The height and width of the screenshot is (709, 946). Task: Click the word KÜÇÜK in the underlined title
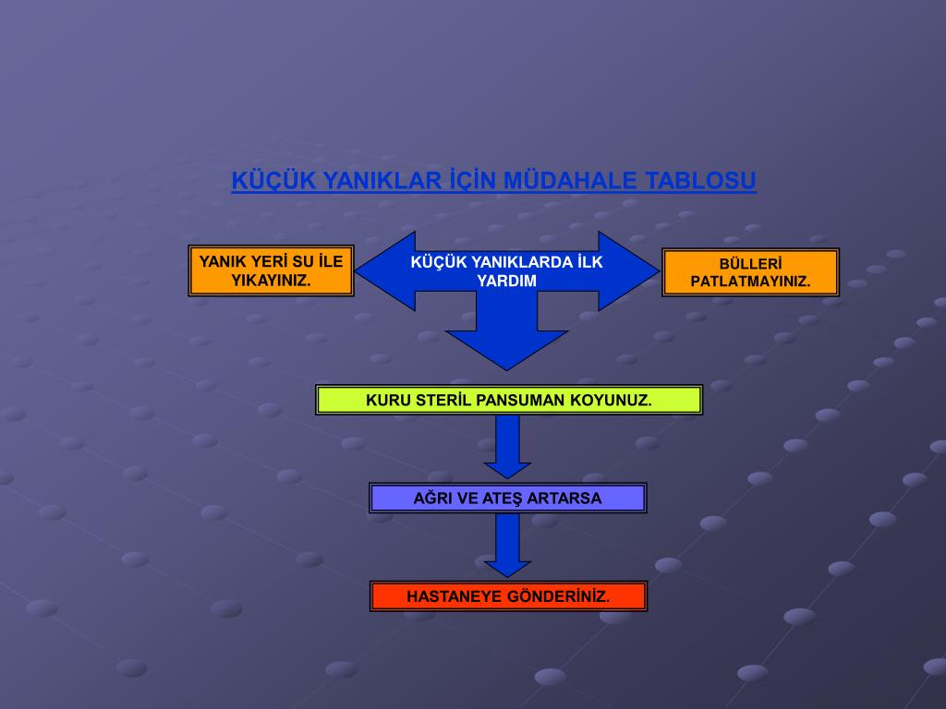pyautogui.click(x=261, y=181)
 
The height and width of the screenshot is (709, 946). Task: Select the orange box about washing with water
pyautogui.click(x=271, y=270)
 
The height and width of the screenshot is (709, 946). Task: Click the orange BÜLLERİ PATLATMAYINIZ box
pyautogui.click(x=750, y=272)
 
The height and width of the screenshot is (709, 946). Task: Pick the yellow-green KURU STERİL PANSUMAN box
pyautogui.click(x=508, y=400)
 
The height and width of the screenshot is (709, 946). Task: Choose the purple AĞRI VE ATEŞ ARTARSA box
pyautogui.click(x=507, y=499)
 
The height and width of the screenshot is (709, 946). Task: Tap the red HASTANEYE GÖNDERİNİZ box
pyautogui.click(x=508, y=596)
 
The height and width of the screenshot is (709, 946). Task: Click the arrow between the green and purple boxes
pyautogui.click(x=507, y=447)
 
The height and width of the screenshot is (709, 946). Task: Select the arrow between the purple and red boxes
pyautogui.click(x=507, y=546)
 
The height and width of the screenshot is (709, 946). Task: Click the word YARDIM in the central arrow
pyautogui.click(x=506, y=281)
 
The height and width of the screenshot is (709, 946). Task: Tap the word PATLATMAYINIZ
pyautogui.click(x=750, y=282)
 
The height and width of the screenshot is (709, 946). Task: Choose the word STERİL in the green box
pyautogui.click(x=440, y=401)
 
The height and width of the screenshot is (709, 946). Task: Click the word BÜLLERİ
pyautogui.click(x=750, y=263)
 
